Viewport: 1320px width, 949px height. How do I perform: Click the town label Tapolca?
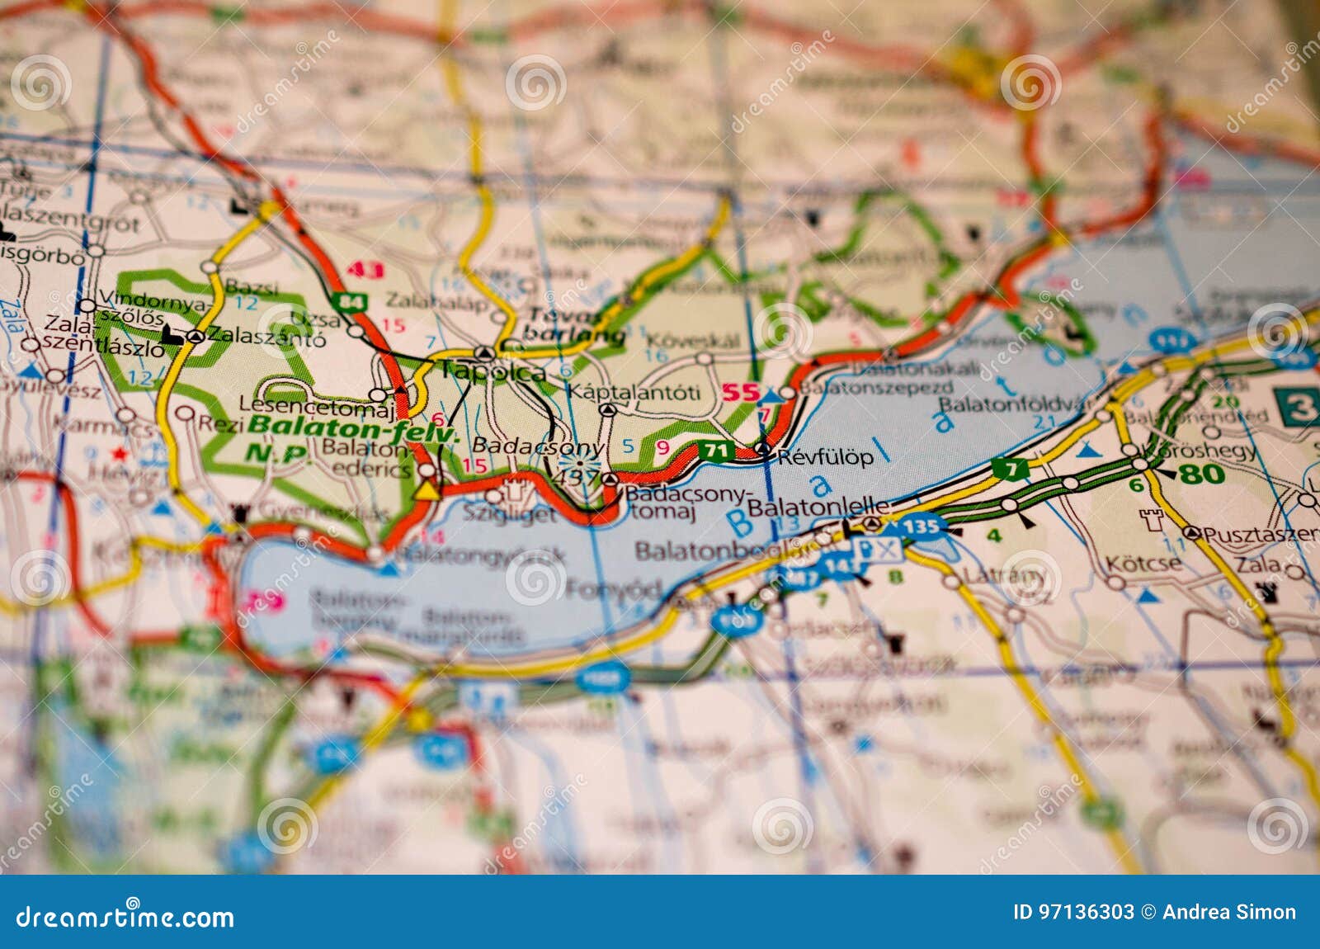pos(493,371)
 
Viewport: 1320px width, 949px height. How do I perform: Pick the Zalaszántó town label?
pos(266,336)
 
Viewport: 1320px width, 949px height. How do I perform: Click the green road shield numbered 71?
pos(715,451)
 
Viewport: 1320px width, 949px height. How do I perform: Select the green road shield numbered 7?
pos(1010,469)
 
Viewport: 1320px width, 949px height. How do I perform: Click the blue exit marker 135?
pos(920,526)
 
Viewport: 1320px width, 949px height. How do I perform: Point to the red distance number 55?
pos(740,393)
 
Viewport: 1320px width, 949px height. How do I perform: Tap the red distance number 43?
pos(365,270)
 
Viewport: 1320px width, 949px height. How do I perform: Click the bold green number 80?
pos(1201,474)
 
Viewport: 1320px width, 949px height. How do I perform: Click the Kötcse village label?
pos(1143,564)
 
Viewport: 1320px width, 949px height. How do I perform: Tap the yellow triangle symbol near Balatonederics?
pos(426,490)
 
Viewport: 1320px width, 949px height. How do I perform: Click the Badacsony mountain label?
pos(537,446)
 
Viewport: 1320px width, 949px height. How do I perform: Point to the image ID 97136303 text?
pos(1073,912)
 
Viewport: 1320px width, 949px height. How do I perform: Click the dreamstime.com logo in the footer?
pos(125,917)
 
